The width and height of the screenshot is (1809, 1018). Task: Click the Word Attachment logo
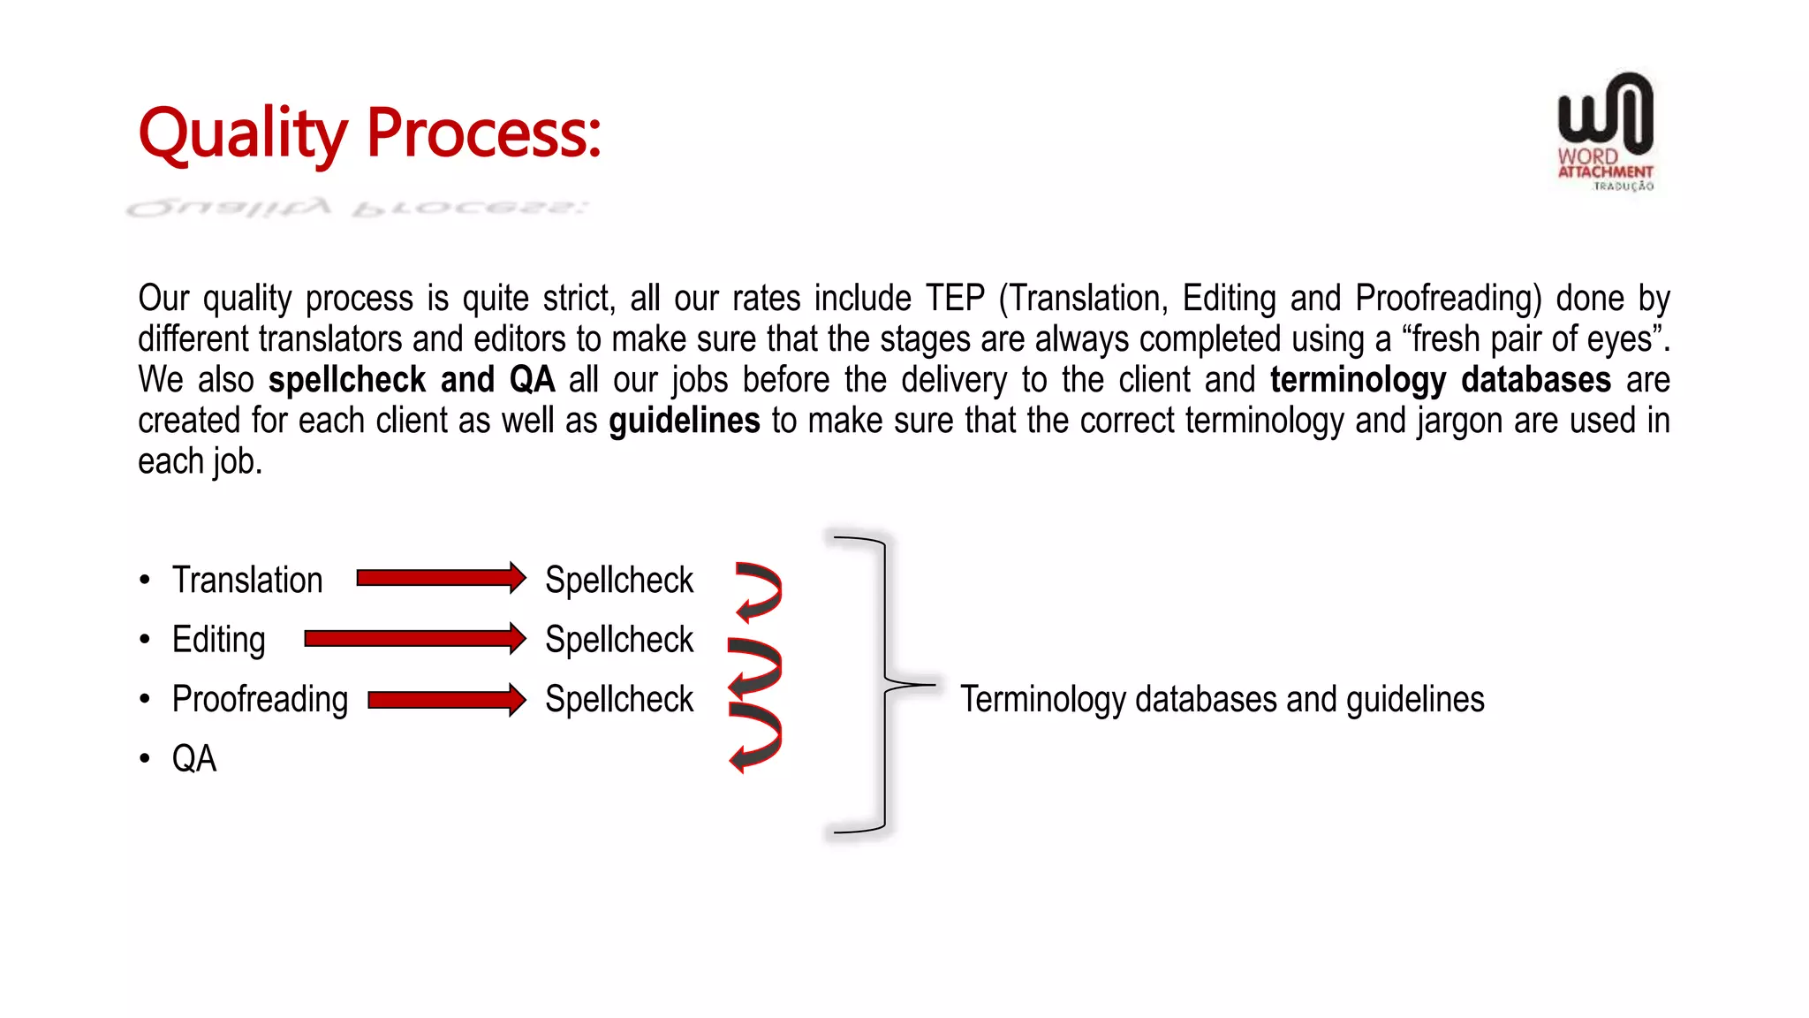1605,131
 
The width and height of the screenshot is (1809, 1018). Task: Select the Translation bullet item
247,580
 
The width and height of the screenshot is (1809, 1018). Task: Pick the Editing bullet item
218,639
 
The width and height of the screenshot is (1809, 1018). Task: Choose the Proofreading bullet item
260,699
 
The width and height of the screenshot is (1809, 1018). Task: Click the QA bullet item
193,758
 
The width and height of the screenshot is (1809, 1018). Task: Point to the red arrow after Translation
440,578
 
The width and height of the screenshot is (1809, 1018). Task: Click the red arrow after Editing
413,638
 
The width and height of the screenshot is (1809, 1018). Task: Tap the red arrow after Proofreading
445,700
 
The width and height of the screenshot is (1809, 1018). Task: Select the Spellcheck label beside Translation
618,580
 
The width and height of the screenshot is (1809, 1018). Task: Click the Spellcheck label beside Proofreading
618,699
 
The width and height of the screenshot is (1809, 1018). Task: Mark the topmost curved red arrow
760,590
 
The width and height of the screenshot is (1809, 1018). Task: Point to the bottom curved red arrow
756,737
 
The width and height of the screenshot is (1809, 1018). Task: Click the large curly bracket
883,685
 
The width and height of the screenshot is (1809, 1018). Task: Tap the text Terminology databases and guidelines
1222,699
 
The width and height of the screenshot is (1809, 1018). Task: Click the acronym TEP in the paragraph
954,299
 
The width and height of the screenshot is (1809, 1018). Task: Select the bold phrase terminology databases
1440,380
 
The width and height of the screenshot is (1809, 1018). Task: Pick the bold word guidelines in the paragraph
684,421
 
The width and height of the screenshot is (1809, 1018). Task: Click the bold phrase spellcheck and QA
411,380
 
